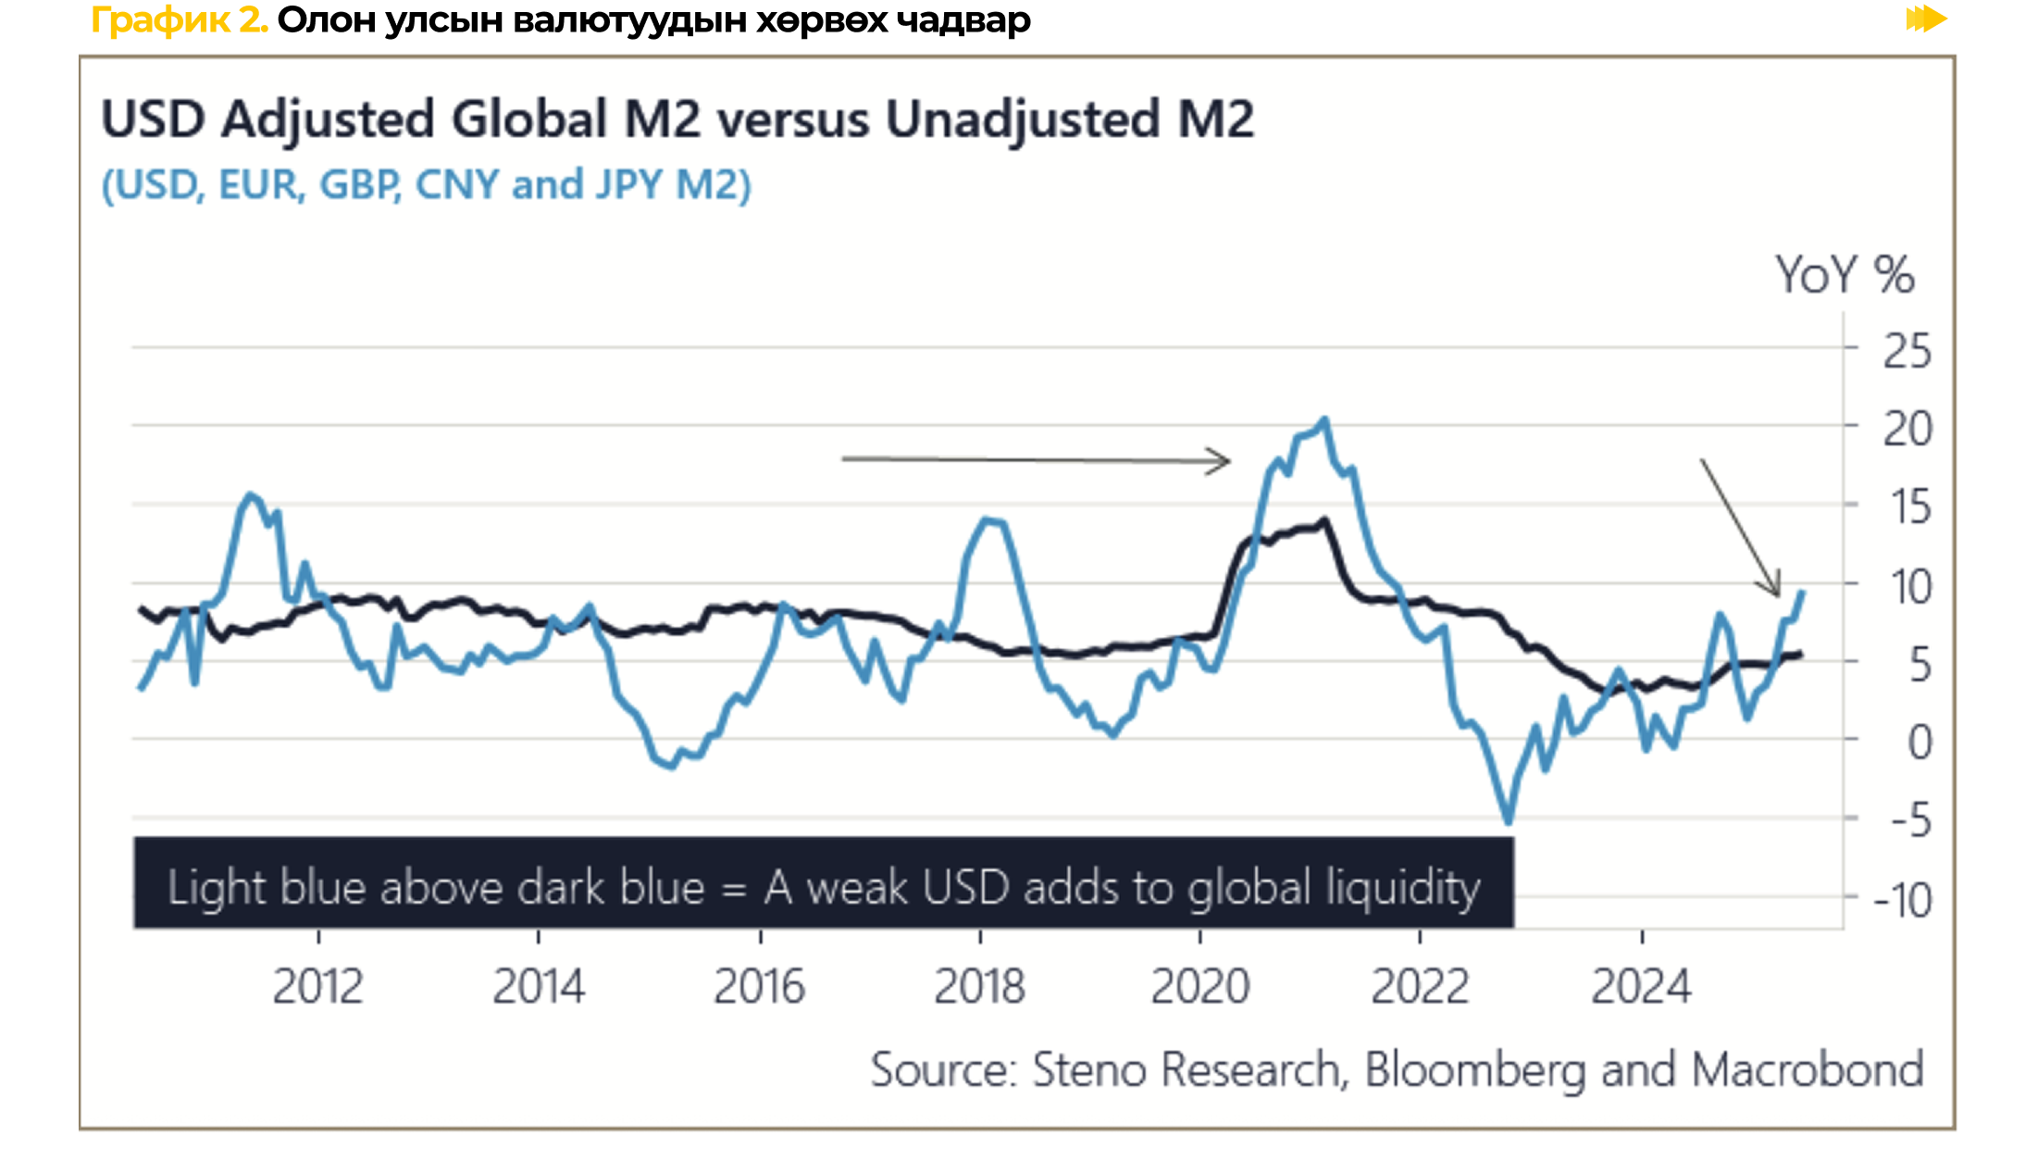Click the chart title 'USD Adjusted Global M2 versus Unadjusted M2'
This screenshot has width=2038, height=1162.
(x=677, y=120)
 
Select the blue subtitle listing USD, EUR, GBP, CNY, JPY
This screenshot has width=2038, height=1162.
(x=426, y=185)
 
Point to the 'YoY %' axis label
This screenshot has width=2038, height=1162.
(x=1844, y=275)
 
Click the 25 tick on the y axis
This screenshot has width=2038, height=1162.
(x=1907, y=352)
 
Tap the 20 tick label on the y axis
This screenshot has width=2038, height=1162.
(x=1907, y=430)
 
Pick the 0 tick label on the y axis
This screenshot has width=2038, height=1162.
(x=1920, y=743)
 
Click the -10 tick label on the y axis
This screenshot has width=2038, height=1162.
(x=1903, y=900)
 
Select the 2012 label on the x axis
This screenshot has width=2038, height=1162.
(x=317, y=987)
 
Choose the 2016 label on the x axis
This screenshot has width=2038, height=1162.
(x=759, y=987)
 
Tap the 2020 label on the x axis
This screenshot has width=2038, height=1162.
(x=1199, y=987)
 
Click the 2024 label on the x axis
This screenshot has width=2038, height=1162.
(x=1641, y=987)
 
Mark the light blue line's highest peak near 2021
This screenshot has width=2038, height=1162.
(x=1324, y=420)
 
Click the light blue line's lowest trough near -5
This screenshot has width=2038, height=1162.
(x=1508, y=820)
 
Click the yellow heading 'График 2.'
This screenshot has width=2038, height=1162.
(x=180, y=19)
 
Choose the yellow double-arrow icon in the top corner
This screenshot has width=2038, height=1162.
(x=1926, y=19)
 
